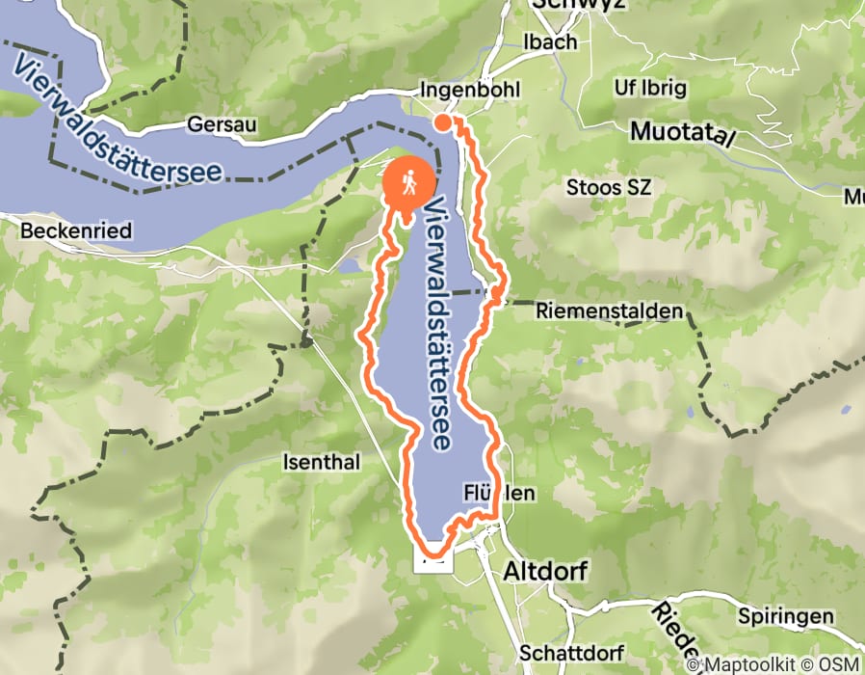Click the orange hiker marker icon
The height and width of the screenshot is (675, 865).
pos(409,183)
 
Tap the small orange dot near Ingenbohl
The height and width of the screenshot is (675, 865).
pos(442,122)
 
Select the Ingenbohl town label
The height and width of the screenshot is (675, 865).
pos(470,90)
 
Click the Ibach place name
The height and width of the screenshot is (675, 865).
pos(549,41)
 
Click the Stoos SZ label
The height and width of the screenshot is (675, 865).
pos(610,187)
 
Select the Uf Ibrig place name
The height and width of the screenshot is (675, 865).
pos(650,88)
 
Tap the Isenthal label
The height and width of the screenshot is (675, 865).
pos(321,462)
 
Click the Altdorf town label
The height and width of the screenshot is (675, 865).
pos(545,571)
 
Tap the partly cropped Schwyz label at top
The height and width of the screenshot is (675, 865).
pos(578,5)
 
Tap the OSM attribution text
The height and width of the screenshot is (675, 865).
pos(841,664)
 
